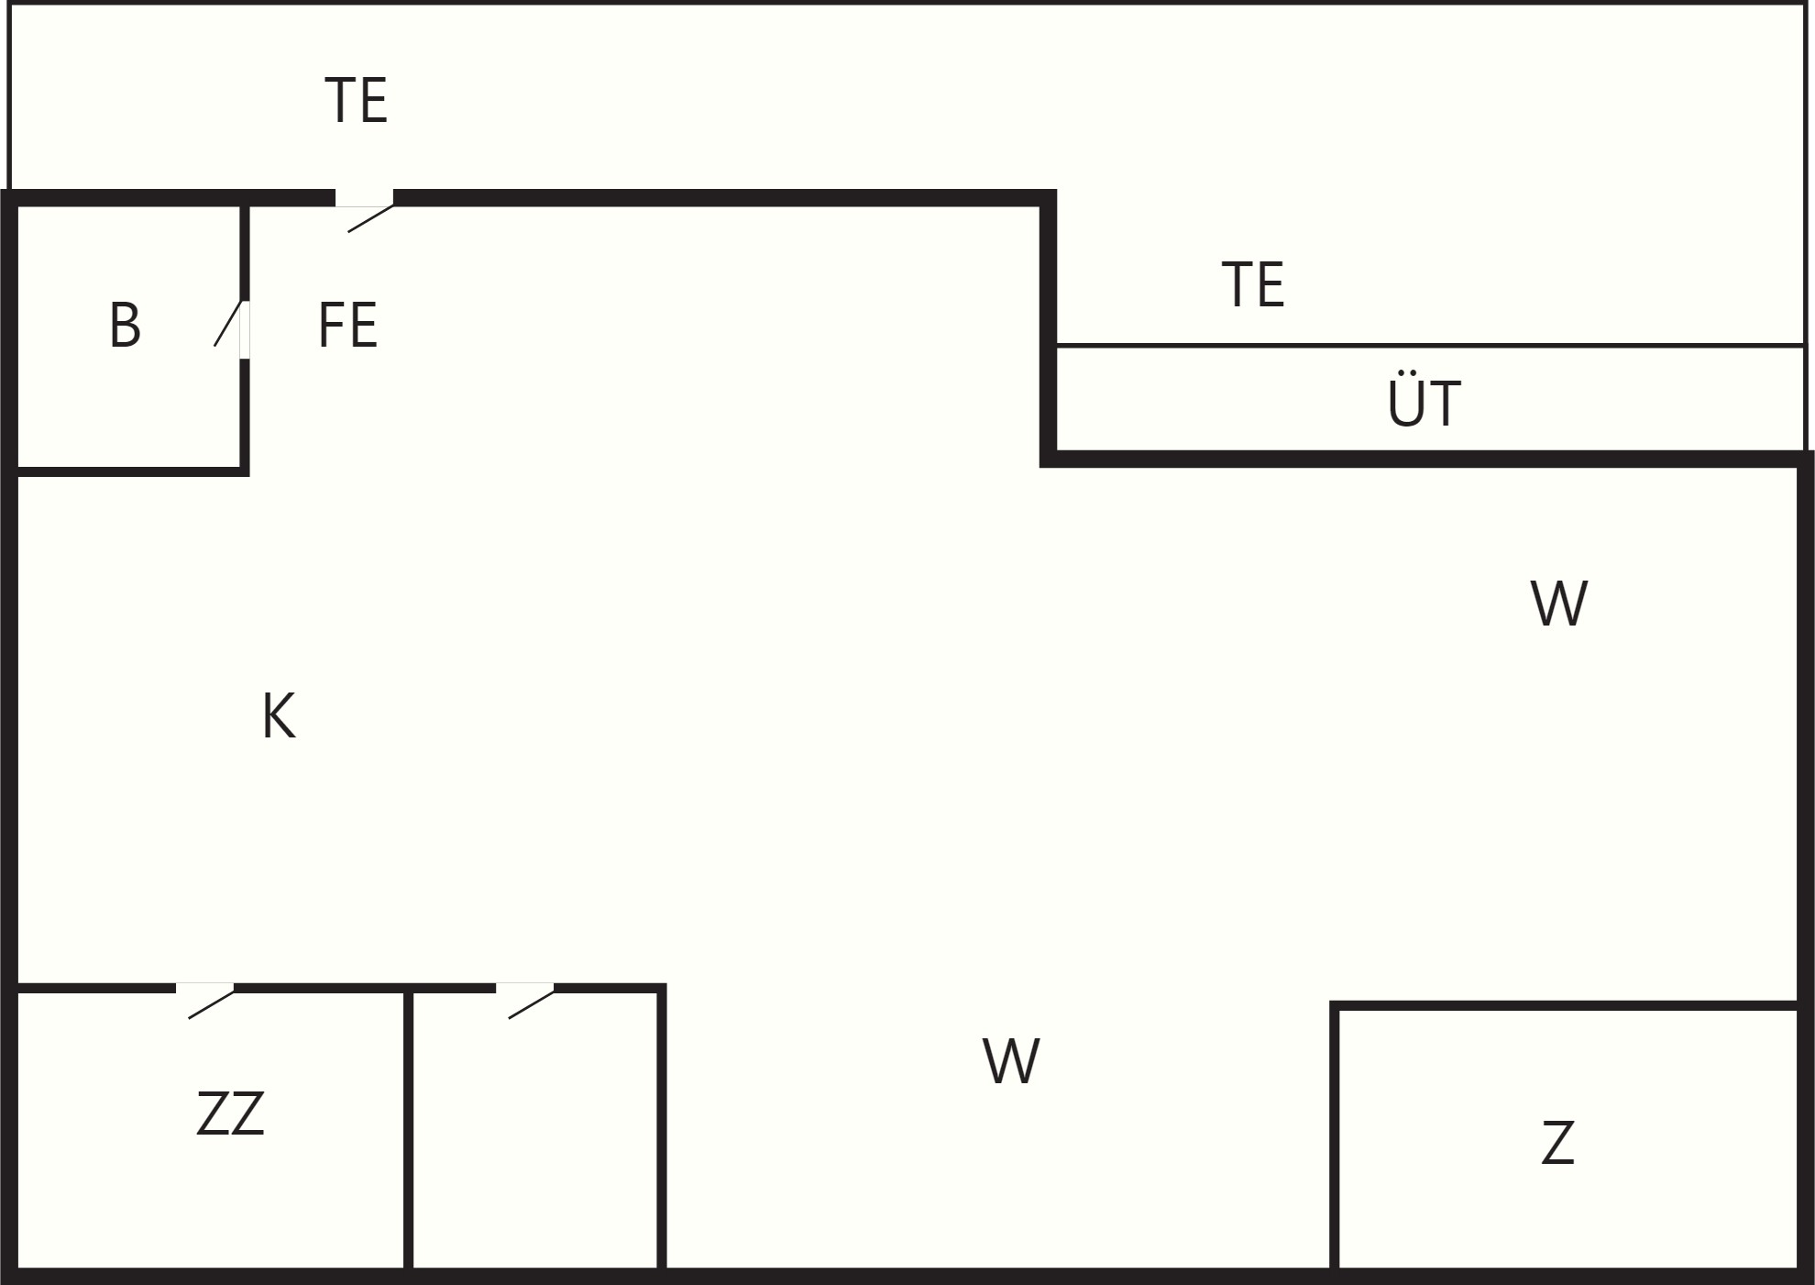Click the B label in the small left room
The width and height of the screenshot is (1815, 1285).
(125, 325)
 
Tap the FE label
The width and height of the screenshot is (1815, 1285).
(347, 325)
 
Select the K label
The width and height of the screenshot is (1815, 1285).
(278, 715)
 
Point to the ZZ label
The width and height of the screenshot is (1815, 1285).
(230, 1113)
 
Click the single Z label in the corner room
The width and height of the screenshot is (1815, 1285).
(1557, 1143)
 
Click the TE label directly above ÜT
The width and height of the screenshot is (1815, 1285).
(1253, 284)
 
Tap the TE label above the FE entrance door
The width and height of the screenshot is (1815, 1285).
(356, 100)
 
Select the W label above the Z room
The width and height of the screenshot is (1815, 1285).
(1558, 603)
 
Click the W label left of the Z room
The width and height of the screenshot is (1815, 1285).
(1010, 1061)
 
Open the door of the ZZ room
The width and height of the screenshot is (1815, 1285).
(205, 1000)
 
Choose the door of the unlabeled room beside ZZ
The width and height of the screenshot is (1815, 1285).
(525, 1000)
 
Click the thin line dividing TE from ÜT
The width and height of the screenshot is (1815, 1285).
(1430, 346)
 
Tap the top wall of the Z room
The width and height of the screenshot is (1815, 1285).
(1567, 1006)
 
